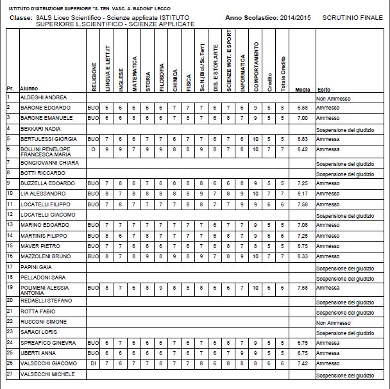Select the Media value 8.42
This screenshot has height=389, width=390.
(x=303, y=151)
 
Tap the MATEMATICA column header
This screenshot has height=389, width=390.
(x=135, y=74)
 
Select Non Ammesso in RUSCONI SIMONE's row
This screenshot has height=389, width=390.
(x=333, y=323)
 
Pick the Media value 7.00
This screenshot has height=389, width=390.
(x=303, y=119)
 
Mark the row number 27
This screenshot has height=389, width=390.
(x=10, y=374)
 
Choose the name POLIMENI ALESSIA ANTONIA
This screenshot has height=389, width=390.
(x=48, y=289)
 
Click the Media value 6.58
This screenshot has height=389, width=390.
(x=303, y=108)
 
